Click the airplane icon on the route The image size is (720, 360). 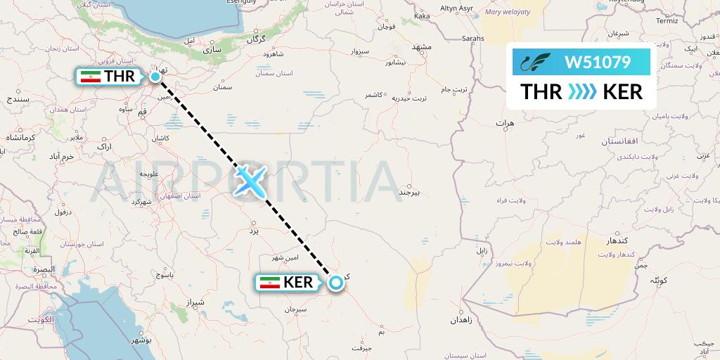251,181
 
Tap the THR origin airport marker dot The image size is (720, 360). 155,77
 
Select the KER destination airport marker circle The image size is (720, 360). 336,283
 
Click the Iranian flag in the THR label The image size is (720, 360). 90,77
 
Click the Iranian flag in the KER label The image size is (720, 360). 270,283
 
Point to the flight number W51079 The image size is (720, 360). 598,63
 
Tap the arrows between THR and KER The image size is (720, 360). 581,92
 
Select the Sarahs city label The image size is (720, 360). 473,39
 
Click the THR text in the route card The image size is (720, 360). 541,92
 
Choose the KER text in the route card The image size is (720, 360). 622,92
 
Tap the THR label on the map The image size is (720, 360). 120,77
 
